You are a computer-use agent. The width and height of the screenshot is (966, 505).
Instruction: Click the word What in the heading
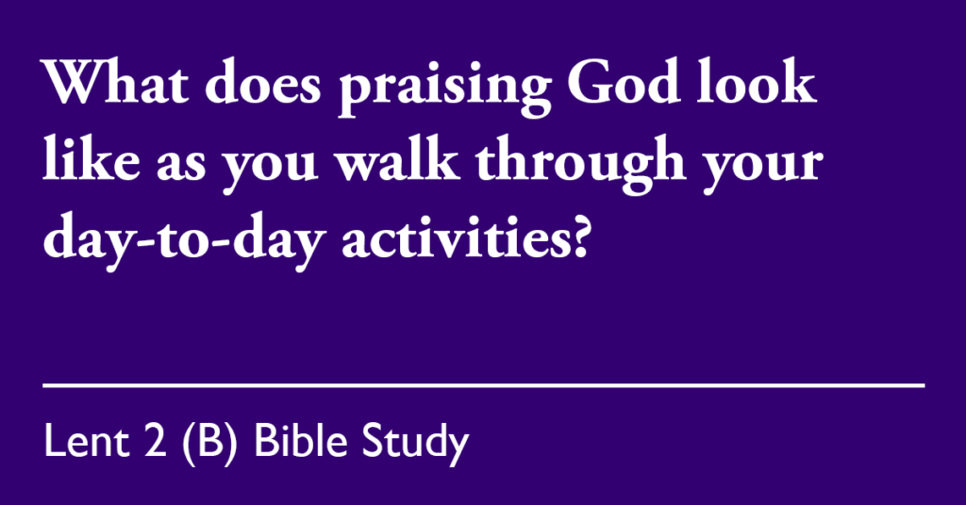coord(115,82)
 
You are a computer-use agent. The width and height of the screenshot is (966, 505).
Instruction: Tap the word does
coord(263,82)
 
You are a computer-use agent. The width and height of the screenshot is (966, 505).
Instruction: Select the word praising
coord(444,88)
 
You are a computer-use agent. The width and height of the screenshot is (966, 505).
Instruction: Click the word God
coord(624,82)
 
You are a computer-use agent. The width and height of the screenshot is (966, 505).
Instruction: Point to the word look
coord(757,81)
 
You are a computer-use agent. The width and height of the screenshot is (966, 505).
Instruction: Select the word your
coord(762,171)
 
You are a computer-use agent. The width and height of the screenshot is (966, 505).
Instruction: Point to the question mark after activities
coord(578,236)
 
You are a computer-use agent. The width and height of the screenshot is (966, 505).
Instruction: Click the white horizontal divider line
coord(484,385)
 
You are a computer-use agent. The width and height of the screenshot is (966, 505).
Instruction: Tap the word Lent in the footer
coord(87,441)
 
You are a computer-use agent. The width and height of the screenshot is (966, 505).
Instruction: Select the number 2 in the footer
coord(156,441)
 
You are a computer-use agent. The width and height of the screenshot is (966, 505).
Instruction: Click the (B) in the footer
coord(210,443)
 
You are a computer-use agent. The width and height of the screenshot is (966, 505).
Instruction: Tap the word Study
coord(415,444)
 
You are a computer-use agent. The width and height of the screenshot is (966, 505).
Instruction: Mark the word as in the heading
coord(180,165)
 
